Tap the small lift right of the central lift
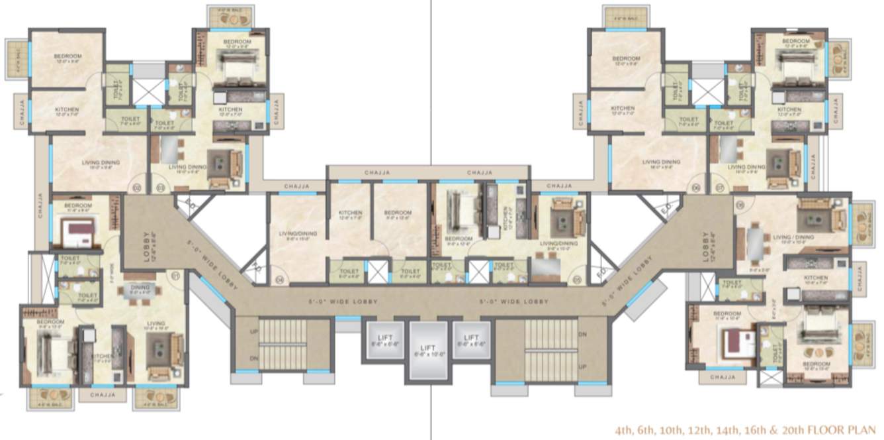point(470,340)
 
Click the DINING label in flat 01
point(139,288)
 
